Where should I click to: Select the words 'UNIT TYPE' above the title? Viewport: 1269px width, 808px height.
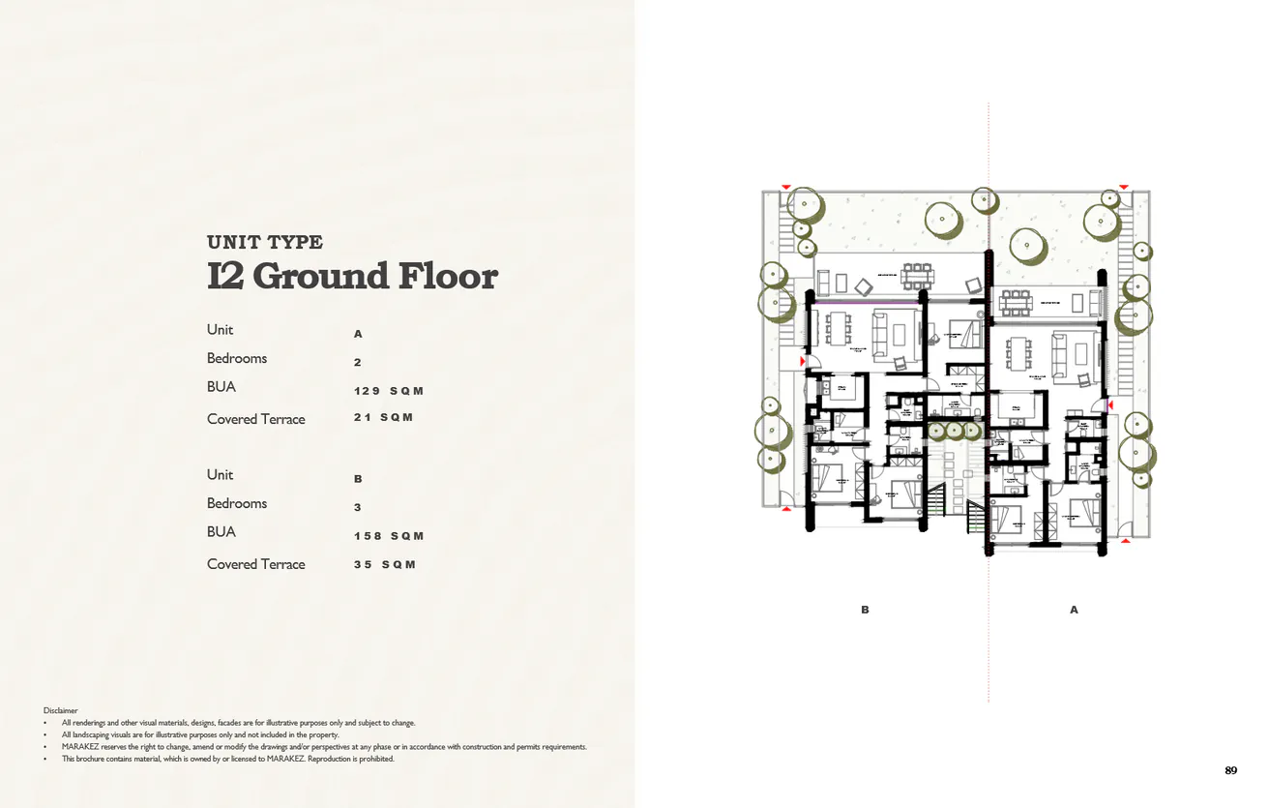click(265, 242)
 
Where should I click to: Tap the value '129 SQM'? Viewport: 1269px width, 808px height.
click(389, 391)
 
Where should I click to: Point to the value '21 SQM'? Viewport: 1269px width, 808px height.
click(383, 417)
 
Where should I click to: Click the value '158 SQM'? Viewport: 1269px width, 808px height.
click(389, 536)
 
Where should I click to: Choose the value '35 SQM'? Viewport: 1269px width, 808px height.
click(384, 564)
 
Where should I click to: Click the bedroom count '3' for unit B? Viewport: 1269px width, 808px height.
click(357, 507)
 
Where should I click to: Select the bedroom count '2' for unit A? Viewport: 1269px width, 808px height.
click(357, 362)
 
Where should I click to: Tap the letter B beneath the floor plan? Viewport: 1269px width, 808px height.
click(865, 610)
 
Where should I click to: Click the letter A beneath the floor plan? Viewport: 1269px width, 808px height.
click(1074, 610)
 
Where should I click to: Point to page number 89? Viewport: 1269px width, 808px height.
click(1230, 770)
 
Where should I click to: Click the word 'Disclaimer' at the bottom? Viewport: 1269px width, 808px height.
click(60, 710)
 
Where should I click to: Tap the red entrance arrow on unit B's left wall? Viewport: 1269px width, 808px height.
click(803, 362)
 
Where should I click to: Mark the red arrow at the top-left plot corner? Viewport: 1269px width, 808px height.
click(786, 187)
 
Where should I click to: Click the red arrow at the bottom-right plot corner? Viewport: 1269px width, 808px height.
click(1124, 541)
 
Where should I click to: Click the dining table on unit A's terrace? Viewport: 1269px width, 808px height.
click(1016, 302)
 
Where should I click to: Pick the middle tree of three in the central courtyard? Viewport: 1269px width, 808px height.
click(955, 431)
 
